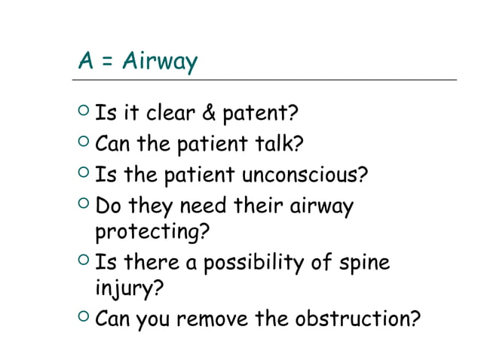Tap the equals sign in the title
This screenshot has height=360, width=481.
[x=106, y=61]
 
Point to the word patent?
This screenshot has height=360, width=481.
[x=258, y=114]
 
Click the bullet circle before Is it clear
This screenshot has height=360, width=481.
[x=84, y=114]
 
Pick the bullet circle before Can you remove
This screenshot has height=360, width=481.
[x=84, y=319]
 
